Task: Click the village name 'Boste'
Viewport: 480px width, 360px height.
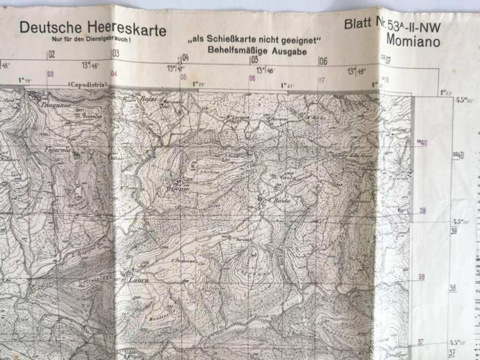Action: (x=280, y=201)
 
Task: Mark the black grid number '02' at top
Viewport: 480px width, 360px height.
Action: (x=51, y=54)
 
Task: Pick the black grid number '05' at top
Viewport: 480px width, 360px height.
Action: (x=254, y=60)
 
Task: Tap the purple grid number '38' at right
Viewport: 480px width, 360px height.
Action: (x=422, y=276)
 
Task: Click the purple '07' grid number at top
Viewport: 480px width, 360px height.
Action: (x=321, y=79)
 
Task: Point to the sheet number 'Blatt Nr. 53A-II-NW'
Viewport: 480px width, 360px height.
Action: (x=392, y=28)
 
